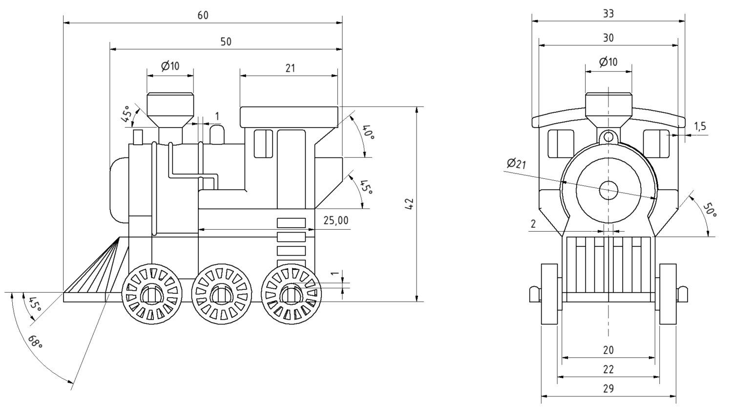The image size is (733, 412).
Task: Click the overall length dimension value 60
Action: [x=203, y=15]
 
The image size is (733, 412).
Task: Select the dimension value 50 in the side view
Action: [x=226, y=42]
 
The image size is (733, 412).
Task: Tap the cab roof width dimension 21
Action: [x=290, y=68]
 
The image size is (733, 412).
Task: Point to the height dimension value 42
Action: [x=409, y=204]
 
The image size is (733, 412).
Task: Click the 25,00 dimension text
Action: [x=336, y=220]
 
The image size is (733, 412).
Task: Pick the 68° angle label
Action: [x=36, y=342]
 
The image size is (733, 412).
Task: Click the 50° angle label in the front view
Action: [x=710, y=212]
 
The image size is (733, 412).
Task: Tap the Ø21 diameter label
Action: [x=516, y=164]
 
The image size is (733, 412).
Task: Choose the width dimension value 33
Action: [x=608, y=14]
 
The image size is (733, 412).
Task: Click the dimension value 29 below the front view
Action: [x=608, y=389]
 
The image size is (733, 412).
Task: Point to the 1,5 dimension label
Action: [x=700, y=127]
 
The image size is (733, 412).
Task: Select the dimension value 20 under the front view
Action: [x=608, y=350]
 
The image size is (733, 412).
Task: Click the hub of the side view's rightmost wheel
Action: [x=292, y=294]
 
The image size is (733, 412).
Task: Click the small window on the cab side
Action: [x=263, y=144]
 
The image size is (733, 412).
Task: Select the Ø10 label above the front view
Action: [x=608, y=62]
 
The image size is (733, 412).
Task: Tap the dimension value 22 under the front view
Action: [x=608, y=369]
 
